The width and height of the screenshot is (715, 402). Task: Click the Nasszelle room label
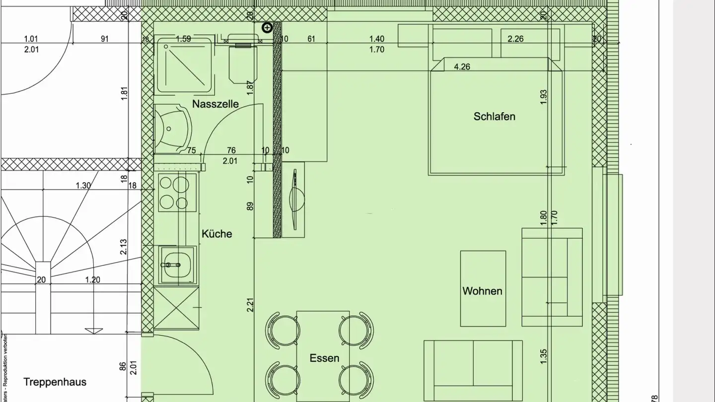click(215, 104)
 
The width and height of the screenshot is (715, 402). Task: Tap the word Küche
click(216, 234)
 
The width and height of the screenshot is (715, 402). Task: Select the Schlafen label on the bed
click(494, 117)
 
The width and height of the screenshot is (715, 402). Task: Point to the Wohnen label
click(482, 291)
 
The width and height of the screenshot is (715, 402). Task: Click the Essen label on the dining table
click(324, 358)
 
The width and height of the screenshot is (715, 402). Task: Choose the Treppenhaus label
click(55, 382)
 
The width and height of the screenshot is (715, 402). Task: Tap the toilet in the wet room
click(242, 62)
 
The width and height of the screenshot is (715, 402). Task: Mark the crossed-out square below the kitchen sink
click(176, 308)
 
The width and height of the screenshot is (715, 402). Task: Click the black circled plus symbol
click(267, 28)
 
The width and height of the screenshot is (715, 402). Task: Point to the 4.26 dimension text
click(462, 67)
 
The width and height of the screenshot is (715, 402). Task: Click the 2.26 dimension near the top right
click(515, 39)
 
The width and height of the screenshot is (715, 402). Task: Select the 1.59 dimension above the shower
click(183, 39)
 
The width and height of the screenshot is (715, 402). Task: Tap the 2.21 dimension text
click(251, 304)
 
